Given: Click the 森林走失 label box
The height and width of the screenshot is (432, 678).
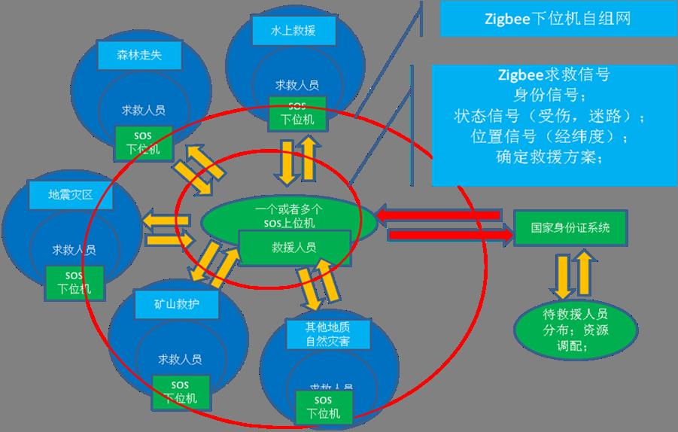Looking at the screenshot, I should coord(139,54).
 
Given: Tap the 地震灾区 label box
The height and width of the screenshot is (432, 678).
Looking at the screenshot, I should coord(70,194).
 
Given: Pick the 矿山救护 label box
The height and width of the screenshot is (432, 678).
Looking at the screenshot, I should coord(177,303).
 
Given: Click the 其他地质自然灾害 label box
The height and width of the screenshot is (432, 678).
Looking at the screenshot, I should coord(328,333).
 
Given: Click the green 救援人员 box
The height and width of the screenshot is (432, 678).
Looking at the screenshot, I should coord(294,247).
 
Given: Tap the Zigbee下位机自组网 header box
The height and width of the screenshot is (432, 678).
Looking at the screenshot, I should coord(557,19).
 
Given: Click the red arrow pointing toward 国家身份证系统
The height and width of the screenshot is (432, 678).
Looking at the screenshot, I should coord(448,235).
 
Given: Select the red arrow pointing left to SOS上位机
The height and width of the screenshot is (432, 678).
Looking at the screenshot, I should coord(439,215).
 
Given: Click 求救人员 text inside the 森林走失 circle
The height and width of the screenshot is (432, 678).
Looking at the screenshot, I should coord(143,109).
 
